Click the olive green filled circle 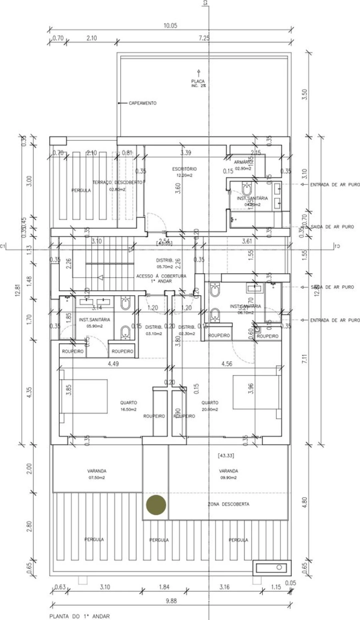click(156, 504)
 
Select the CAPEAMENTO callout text click(142, 103)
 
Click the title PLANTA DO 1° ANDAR click(79, 616)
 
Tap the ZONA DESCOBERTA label click(228, 504)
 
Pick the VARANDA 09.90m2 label click(228, 474)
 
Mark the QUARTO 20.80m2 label click(210, 406)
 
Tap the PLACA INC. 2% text click(198, 83)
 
